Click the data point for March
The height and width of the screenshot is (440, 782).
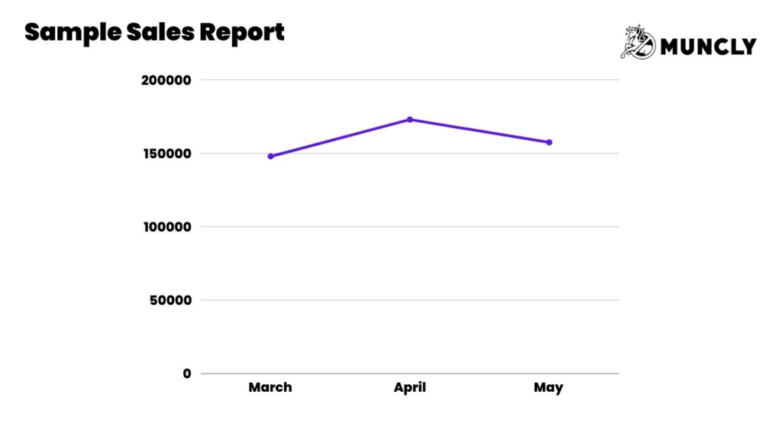click(270, 156)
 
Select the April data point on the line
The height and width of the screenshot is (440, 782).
click(410, 119)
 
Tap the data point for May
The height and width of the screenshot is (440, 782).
click(548, 142)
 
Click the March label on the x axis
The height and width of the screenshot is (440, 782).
click(270, 387)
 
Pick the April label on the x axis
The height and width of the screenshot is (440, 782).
click(410, 387)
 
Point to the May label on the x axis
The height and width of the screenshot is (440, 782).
click(548, 387)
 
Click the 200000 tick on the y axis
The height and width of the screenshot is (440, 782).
click(166, 79)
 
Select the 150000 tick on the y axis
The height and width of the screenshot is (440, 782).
click(166, 153)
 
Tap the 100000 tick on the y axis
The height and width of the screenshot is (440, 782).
click(166, 226)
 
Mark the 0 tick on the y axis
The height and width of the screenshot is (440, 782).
click(186, 374)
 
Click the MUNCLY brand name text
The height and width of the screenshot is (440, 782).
click(708, 47)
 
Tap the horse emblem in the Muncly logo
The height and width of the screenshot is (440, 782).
click(638, 42)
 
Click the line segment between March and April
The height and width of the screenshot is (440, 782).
click(340, 137)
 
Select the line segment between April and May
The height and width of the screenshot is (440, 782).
click(480, 131)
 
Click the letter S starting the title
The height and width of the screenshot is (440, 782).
click(32, 32)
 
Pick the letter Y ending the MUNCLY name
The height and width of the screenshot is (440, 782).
click(748, 47)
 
